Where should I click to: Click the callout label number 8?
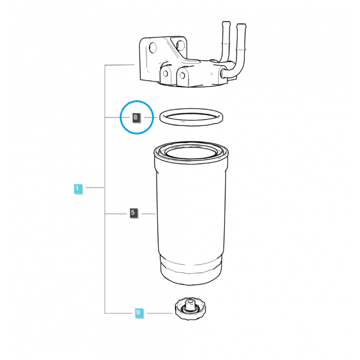[x=136, y=117]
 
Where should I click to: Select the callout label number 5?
[x=133, y=212]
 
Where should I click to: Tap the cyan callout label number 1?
[x=77, y=189]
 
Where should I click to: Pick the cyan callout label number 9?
[x=139, y=312]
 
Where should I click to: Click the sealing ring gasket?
[x=191, y=125]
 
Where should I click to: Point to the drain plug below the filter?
[x=190, y=309]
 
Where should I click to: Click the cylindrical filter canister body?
[x=191, y=213]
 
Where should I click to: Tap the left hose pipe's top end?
[x=226, y=23]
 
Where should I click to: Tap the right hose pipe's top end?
[x=241, y=25]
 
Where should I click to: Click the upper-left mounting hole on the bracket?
[x=153, y=48]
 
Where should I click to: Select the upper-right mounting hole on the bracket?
[x=180, y=45]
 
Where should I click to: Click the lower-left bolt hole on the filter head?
[x=165, y=74]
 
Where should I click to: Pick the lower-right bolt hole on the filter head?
[x=182, y=75]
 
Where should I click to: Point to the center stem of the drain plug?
[x=190, y=305]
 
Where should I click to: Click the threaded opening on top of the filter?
[x=191, y=152]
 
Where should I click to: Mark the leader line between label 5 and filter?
[x=148, y=214]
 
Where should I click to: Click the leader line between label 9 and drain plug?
[x=159, y=313]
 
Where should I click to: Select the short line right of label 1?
[x=95, y=188]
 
